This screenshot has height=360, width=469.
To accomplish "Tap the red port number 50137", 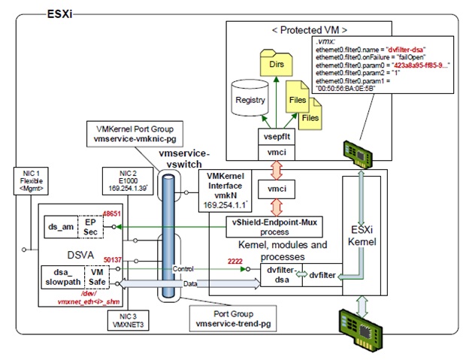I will (x=112, y=258).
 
